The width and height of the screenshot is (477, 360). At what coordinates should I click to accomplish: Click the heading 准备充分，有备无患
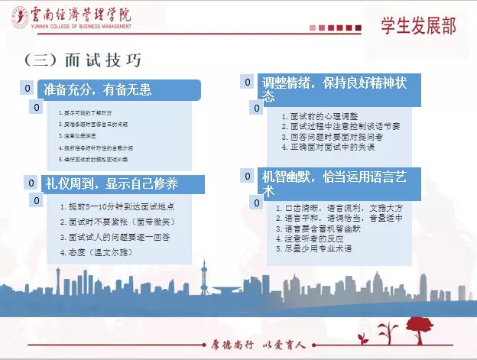pyautogui.click(x=98, y=89)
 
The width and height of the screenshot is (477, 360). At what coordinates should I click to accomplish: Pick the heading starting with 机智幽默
pyautogui.click(x=333, y=182)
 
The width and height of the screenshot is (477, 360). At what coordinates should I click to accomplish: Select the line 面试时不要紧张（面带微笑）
pyautogui.click(x=119, y=222)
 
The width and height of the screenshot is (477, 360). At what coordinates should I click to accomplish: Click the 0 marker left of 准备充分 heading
pyautogui.click(x=28, y=89)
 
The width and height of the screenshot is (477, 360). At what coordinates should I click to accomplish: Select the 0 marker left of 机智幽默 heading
pyautogui.click(x=248, y=177)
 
